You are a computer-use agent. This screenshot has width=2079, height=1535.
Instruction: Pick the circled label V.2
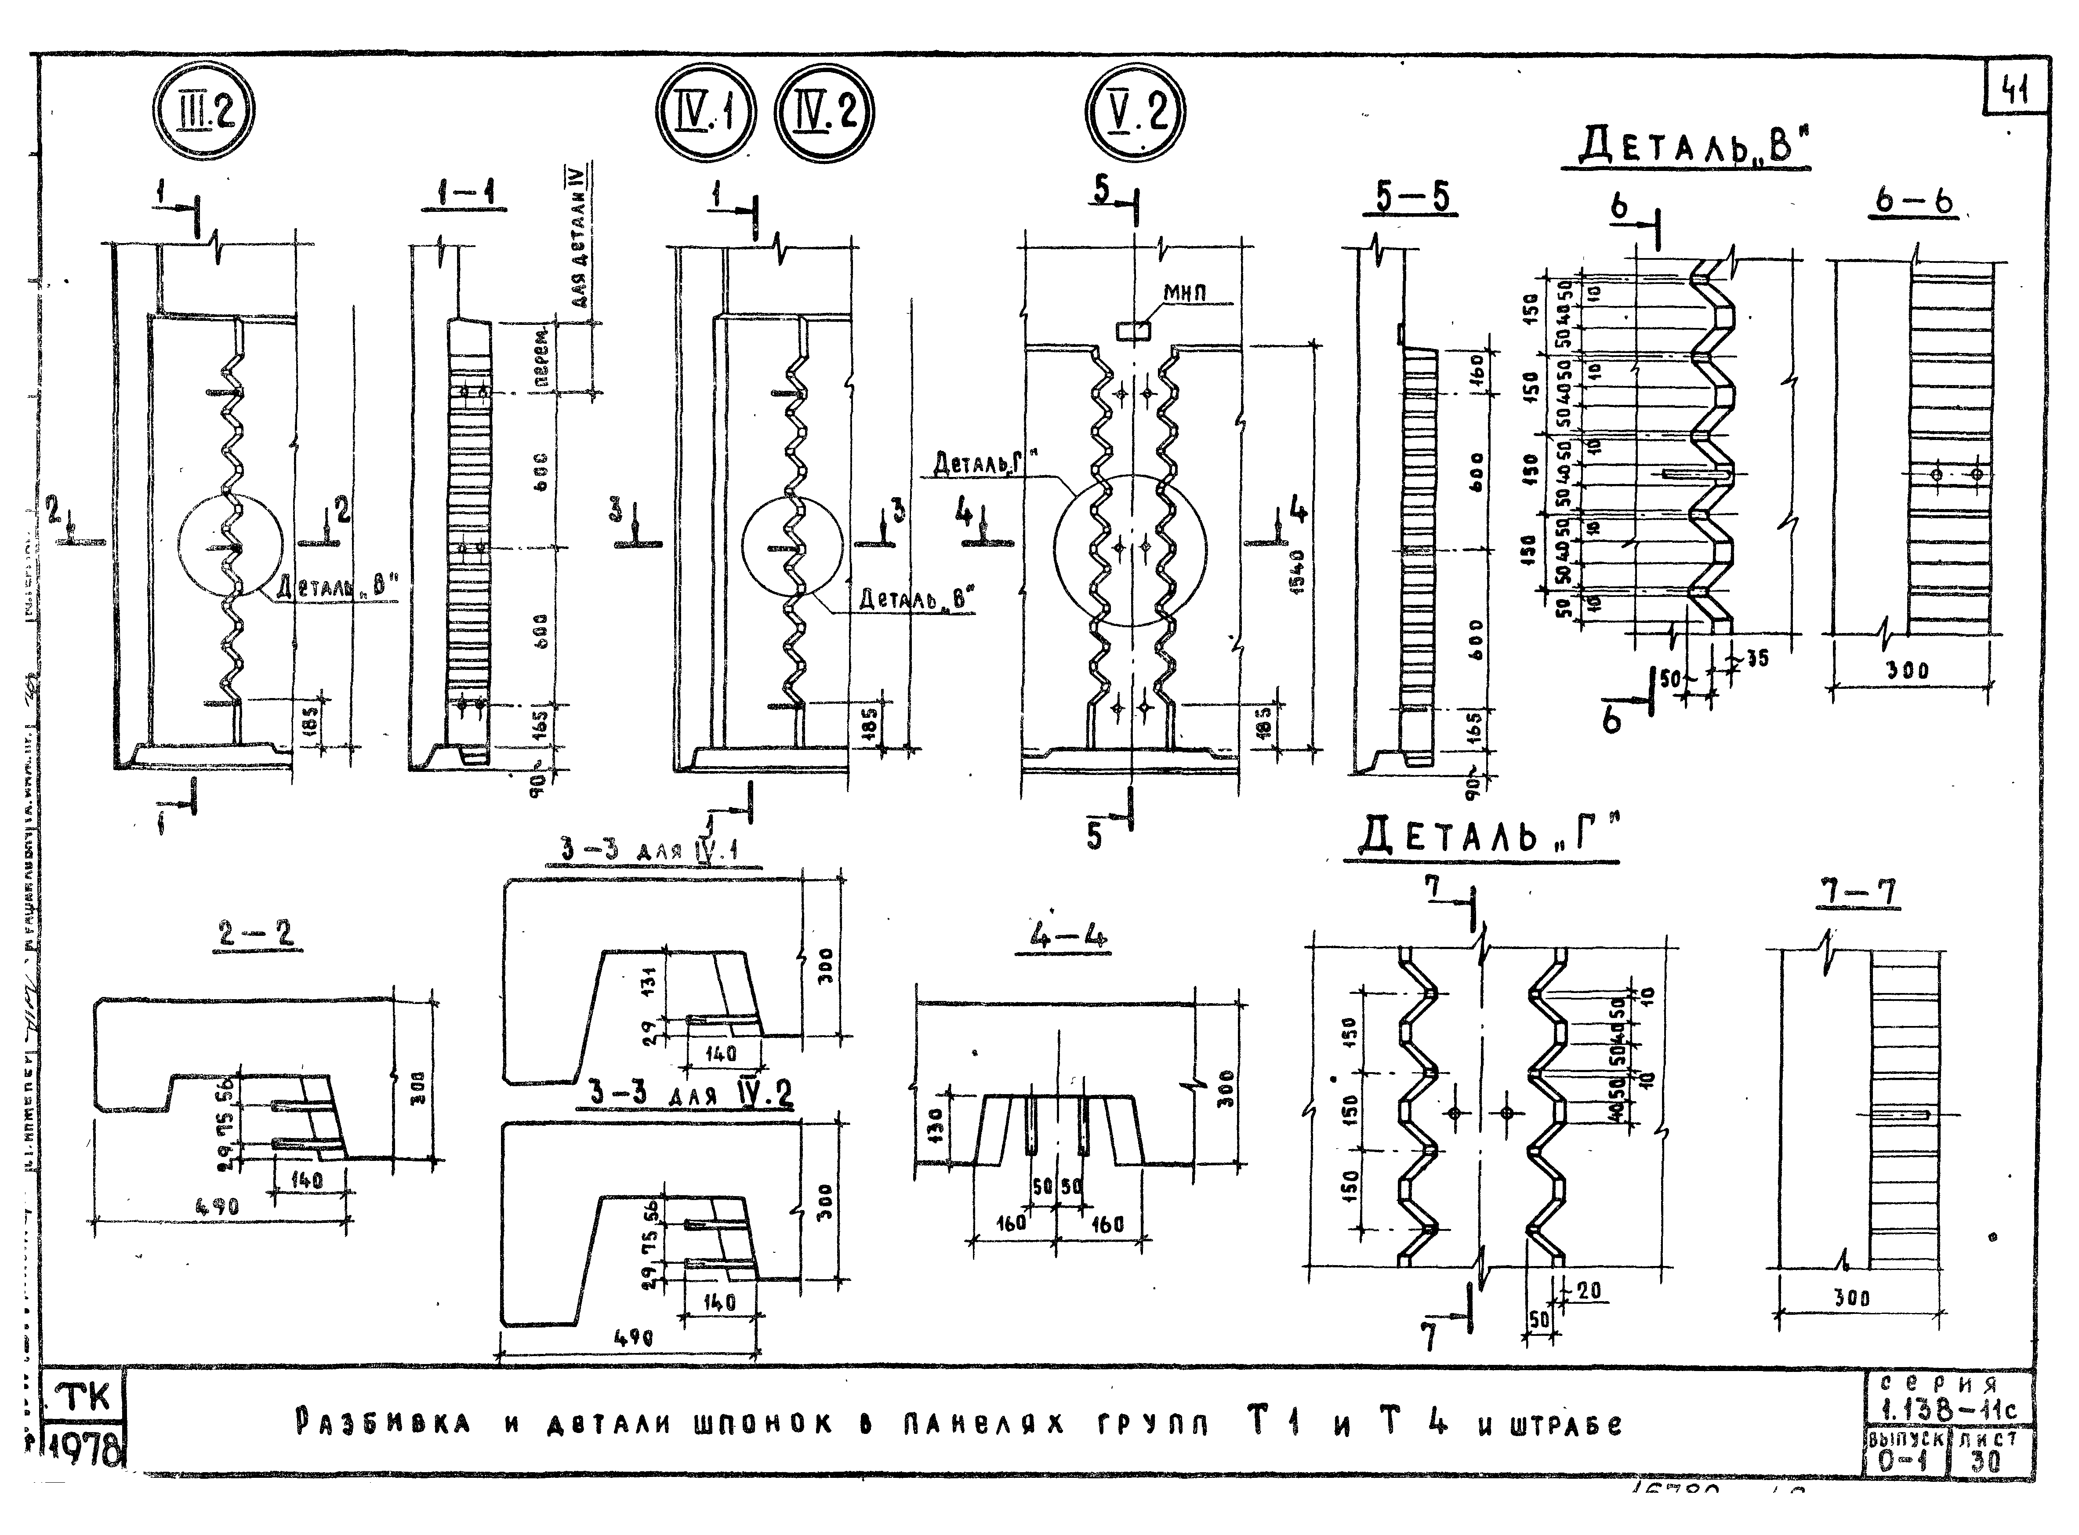(x=1135, y=115)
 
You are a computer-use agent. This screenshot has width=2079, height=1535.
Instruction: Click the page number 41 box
(x=2017, y=90)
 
